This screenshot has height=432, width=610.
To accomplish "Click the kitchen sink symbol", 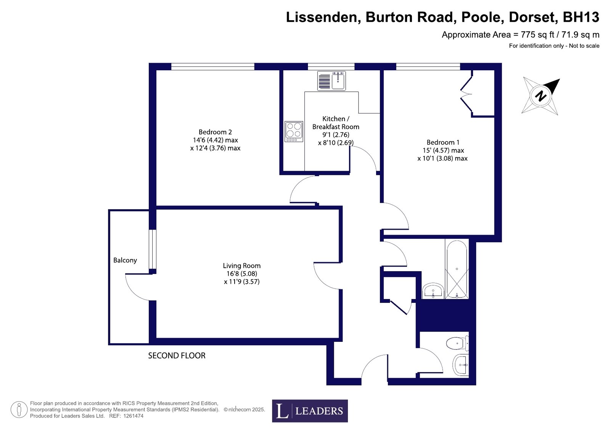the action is coord(332,81).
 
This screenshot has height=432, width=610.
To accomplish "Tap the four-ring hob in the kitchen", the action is coord(294,131).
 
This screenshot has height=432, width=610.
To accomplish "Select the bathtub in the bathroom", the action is coord(457,269).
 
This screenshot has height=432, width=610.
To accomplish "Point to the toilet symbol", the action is coord(457,343).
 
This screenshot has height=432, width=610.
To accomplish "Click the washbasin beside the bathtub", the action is coord(433,291).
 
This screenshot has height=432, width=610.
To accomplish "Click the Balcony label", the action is coord(125,260).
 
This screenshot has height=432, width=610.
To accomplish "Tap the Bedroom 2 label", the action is coord(215,132).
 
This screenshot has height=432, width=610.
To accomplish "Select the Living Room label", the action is coord(241,265).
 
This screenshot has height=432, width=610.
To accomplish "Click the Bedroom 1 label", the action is coord(443,142).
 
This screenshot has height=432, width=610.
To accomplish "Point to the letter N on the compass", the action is coord(541,96).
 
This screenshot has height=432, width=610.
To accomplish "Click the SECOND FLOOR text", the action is coord(177,356).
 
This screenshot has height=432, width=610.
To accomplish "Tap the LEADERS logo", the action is coord(310,411).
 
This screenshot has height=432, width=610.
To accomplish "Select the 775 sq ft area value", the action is coord(538,35).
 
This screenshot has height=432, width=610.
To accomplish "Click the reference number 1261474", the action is coord(134,416).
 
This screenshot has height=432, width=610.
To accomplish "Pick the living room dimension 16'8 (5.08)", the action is coord(242,273).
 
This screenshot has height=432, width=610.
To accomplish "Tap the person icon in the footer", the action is coord(19,409).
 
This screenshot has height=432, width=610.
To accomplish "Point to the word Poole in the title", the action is coord(481,17).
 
